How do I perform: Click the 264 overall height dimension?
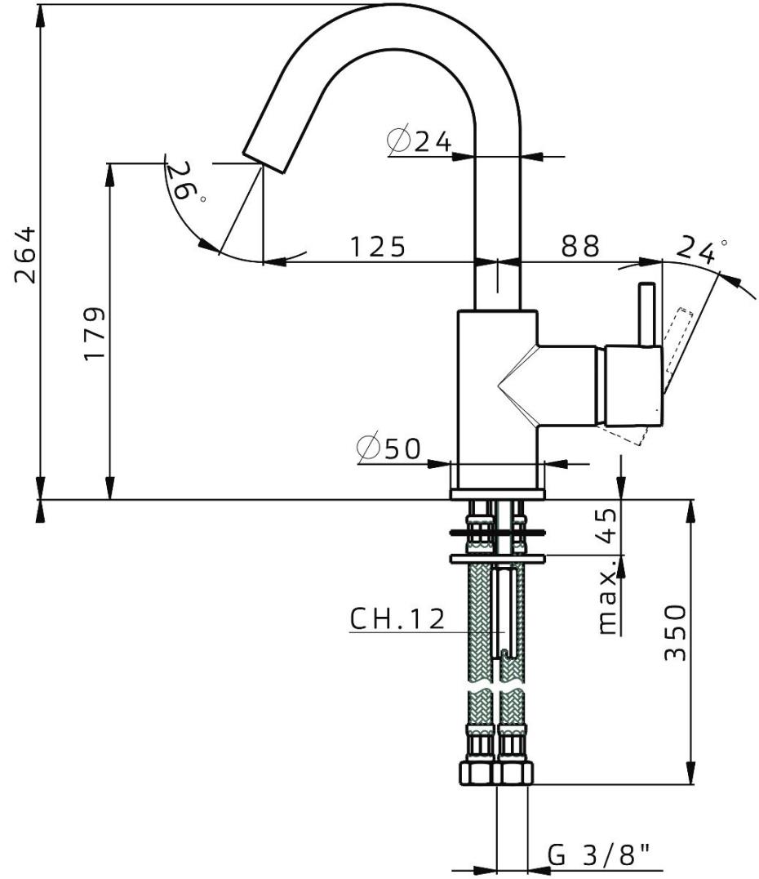point(28,253)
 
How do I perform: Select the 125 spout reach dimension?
point(378,246)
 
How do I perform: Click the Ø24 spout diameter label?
point(420,141)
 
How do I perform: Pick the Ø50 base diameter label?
point(388,448)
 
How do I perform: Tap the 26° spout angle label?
point(185,181)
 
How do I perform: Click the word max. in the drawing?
point(607,602)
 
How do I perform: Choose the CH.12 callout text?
point(397,619)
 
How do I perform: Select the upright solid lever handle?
point(646,315)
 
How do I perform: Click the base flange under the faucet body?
point(497,494)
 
